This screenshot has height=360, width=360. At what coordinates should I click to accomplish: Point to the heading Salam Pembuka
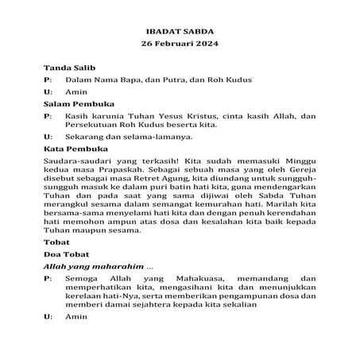[x=78, y=103]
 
